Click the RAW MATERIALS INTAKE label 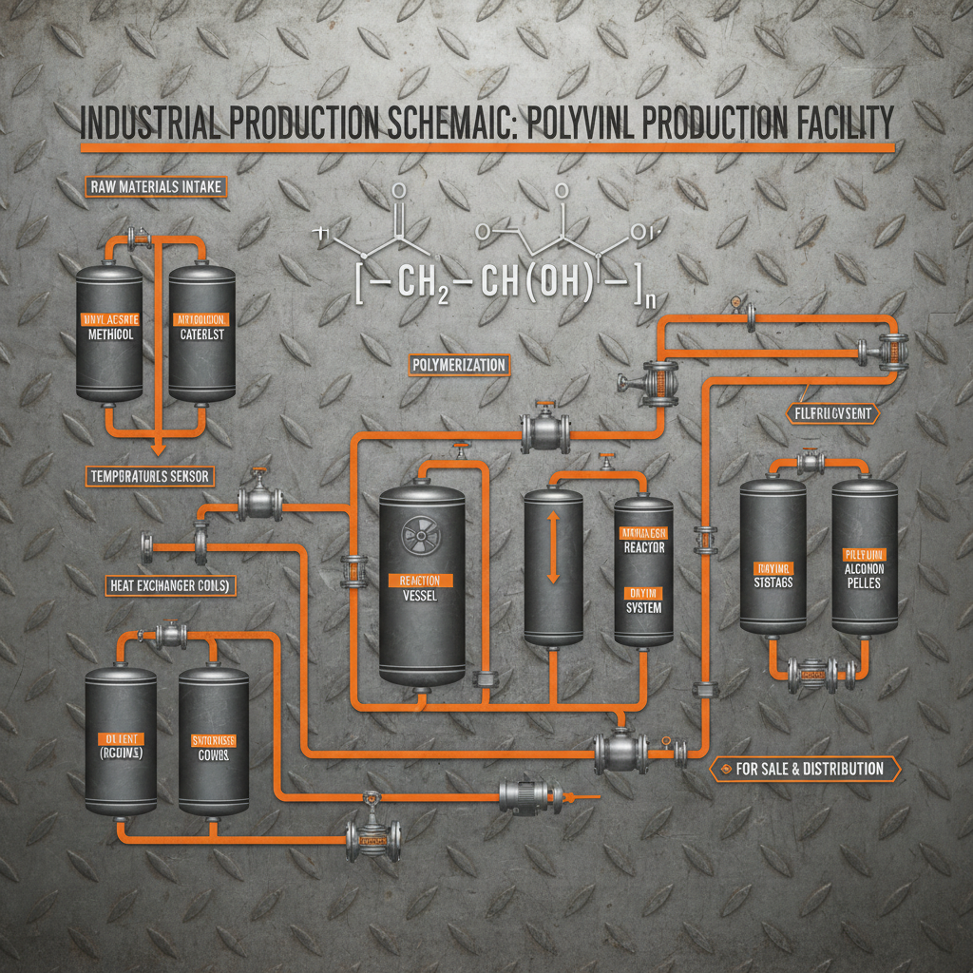click(157, 186)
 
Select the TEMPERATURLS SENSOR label click(151, 474)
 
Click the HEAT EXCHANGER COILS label click(166, 586)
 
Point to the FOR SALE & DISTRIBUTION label click(805, 769)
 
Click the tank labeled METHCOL click(108, 333)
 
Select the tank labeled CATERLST click(201, 333)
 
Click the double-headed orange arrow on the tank click(552, 547)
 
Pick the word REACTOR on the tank click(644, 547)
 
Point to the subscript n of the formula click(650, 301)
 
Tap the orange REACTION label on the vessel click(421, 580)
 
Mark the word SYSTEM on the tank click(644, 609)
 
